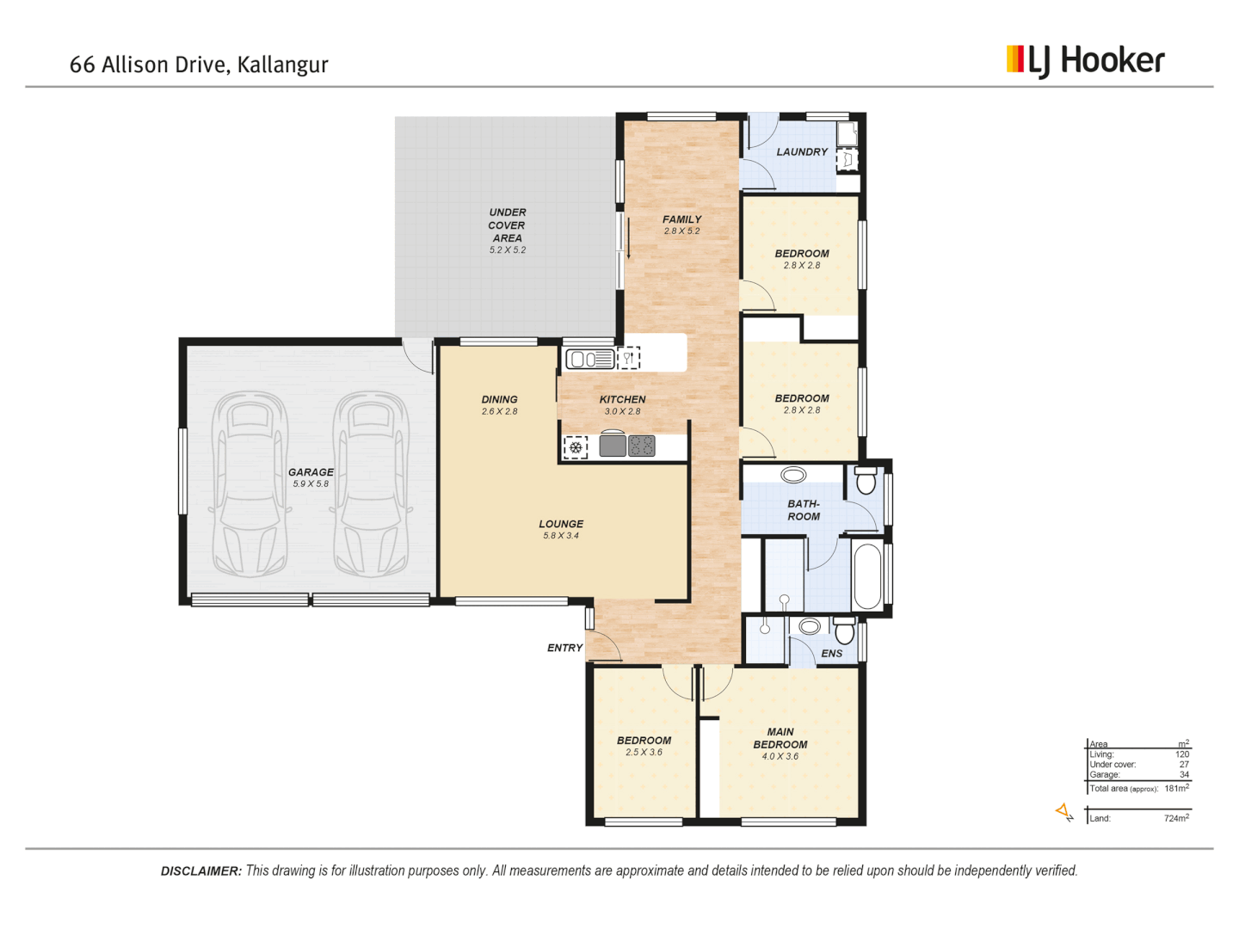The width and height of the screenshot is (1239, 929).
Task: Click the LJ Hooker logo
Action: [x=1085, y=60]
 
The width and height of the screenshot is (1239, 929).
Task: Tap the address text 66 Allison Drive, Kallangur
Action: [x=199, y=65]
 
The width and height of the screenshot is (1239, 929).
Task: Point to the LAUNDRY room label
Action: [x=802, y=152]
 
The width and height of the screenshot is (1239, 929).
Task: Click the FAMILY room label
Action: [x=681, y=219]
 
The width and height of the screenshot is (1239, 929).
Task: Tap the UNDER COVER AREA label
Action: [x=507, y=225]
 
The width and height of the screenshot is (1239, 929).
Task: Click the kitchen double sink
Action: [x=589, y=358]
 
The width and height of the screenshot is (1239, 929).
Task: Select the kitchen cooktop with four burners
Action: [x=642, y=446]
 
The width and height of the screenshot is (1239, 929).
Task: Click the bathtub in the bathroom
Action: [x=867, y=575]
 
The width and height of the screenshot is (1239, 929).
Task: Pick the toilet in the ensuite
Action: [x=845, y=631]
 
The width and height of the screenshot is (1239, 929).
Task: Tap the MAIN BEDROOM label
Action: [x=780, y=738]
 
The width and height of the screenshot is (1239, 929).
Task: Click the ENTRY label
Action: [x=564, y=648]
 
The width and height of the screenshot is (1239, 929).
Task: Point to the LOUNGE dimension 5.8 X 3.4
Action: [x=561, y=536]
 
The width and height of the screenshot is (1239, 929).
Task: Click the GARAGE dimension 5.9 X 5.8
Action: [x=311, y=484]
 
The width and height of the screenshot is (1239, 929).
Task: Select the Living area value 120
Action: [x=1182, y=754]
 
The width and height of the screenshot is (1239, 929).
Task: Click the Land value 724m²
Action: [x=1176, y=818]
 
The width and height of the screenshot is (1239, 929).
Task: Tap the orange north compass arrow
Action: [x=1064, y=811]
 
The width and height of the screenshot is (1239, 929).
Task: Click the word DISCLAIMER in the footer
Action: [x=200, y=871]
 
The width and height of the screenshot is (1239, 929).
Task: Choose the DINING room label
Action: [x=499, y=399]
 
